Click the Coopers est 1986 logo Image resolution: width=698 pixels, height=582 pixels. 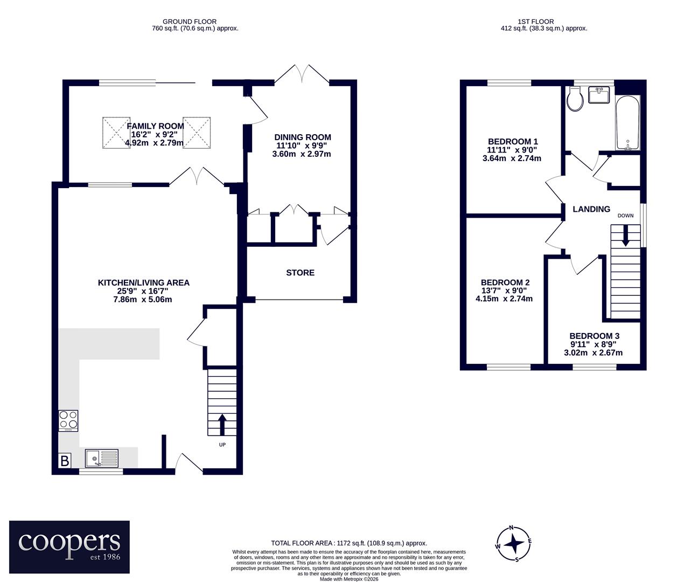coord(69,547)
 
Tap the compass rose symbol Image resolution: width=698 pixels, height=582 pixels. coord(514,544)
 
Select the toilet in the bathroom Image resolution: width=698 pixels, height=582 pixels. coord(575,99)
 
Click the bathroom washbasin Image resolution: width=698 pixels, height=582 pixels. coord(599,95)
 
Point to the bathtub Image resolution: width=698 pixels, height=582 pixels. coord(628,123)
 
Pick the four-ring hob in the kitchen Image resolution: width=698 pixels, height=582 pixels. coord(68,420)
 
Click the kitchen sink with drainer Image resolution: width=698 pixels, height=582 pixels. coord(102,458)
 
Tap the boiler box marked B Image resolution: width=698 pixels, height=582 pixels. coord(65,461)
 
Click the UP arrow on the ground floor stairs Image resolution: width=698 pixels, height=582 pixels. coord(222,425)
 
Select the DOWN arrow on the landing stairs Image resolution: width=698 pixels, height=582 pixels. coord(625,235)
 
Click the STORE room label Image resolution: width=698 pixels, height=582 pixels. coord(300,273)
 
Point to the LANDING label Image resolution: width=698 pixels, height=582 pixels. coord(591,209)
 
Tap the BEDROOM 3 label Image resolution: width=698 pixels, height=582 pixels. coord(595,336)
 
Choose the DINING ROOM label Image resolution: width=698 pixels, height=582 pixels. coord(303,137)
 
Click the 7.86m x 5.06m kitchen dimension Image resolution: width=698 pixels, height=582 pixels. coord(143,300)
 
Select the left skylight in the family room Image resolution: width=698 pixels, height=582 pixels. coord(116,133)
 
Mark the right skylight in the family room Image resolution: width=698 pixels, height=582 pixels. coord(197,133)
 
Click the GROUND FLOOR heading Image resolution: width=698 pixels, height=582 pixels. coord(190,22)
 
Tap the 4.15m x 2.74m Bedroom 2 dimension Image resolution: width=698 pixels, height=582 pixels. coord(504,299)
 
